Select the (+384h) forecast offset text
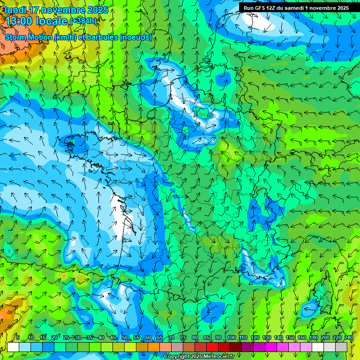point(83,21)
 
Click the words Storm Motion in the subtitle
point(29,37)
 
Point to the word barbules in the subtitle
point(103,37)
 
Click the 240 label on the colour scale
point(348,338)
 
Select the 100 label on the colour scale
point(231,338)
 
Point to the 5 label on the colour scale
point(18,338)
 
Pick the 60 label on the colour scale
point(148,338)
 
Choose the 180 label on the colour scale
point(313,338)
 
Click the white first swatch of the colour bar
point(13,347)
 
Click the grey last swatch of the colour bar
point(341,347)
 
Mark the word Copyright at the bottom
point(176,357)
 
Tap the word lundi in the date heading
point(15,10)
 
